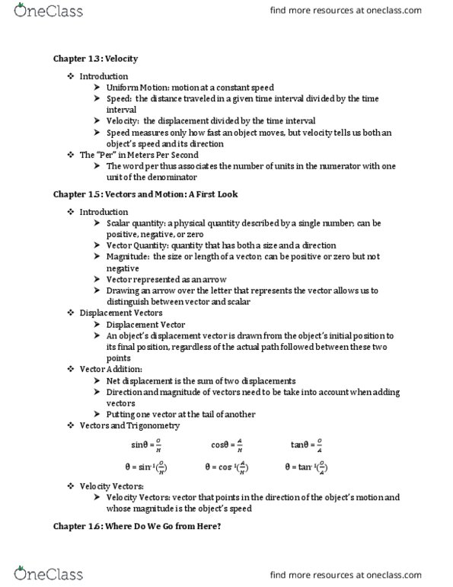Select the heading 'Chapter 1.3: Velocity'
(95, 59)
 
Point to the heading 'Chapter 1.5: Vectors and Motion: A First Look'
(145, 194)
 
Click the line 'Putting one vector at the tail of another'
(181, 414)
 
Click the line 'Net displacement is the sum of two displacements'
(201, 380)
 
